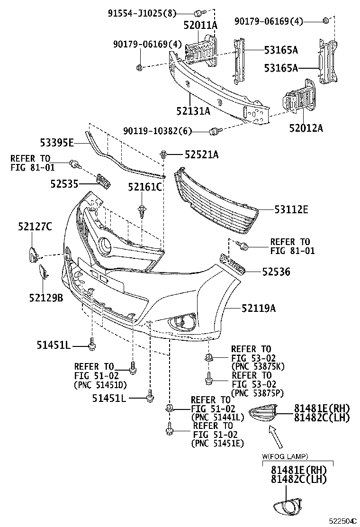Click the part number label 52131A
pyautogui.click(x=193, y=111)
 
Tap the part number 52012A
pyautogui.click(x=306, y=127)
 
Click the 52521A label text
pyautogui.click(x=202, y=154)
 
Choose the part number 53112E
pyautogui.click(x=291, y=209)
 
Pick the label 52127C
pyautogui.click(x=35, y=227)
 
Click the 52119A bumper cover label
pyautogui.click(x=258, y=309)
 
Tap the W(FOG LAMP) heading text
pyautogui.click(x=285, y=456)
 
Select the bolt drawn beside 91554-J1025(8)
pyautogui.click(x=198, y=13)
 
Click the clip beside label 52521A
pyautogui.click(x=164, y=154)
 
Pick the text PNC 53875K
pyautogui.click(x=258, y=366)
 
